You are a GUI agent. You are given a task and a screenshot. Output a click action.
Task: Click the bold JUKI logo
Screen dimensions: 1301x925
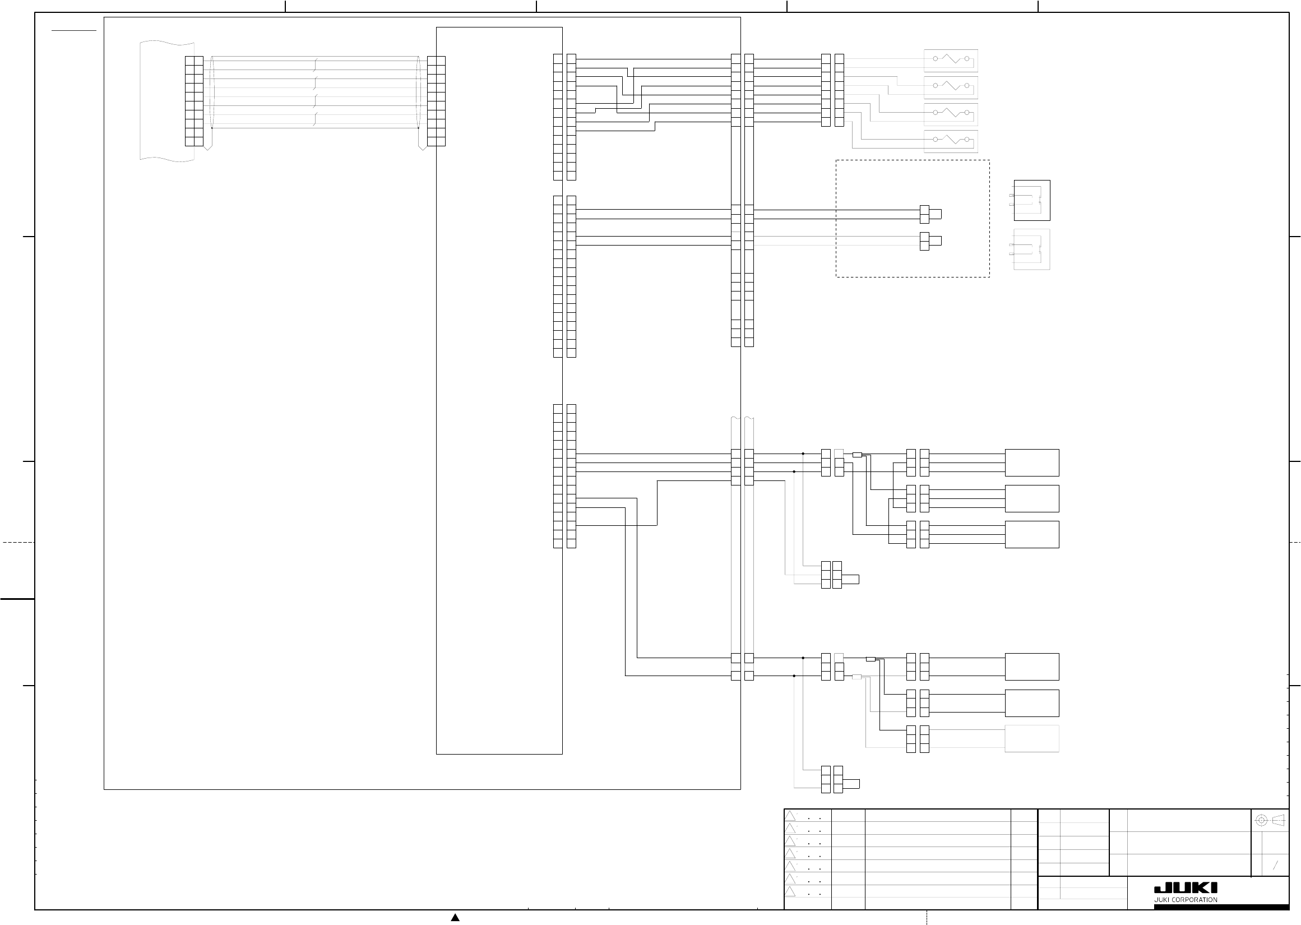(x=1186, y=888)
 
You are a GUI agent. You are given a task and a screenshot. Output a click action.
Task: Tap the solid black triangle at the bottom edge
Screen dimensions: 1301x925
(x=455, y=918)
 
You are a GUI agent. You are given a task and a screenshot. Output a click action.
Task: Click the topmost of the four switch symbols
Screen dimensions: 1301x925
(x=950, y=59)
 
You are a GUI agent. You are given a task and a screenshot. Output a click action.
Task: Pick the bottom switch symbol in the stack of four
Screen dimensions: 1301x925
(x=950, y=140)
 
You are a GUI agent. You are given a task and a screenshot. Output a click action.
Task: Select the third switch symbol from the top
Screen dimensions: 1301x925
(x=950, y=113)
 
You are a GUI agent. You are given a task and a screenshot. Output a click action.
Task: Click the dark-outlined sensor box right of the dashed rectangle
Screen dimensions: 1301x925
(x=1032, y=201)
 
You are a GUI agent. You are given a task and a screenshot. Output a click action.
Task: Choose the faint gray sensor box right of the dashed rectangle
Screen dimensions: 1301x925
(x=1032, y=249)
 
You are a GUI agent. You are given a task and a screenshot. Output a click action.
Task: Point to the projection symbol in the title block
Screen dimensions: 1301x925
(x=1271, y=820)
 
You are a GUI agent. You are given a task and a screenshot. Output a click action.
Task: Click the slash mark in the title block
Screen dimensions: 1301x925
(x=1275, y=866)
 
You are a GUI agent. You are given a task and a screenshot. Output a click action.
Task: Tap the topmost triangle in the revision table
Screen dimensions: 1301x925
(x=790, y=816)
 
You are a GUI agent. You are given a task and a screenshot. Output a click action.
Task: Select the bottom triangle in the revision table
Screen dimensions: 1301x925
(x=790, y=892)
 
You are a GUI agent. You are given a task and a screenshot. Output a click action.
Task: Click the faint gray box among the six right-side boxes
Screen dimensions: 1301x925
(x=1032, y=739)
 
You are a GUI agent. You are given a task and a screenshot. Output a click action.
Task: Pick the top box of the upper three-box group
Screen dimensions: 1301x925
(x=1032, y=462)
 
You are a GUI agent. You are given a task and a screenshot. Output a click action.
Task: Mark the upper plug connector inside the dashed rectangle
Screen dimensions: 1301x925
(x=930, y=214)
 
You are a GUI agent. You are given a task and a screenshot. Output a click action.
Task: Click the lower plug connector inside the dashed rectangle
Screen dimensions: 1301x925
(x=930, y=241)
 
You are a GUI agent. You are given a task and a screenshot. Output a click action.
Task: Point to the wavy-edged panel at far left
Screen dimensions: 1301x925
(x=167, y=100)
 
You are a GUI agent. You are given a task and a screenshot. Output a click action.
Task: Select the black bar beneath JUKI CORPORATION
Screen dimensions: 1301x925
(x=1221, y=908)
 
